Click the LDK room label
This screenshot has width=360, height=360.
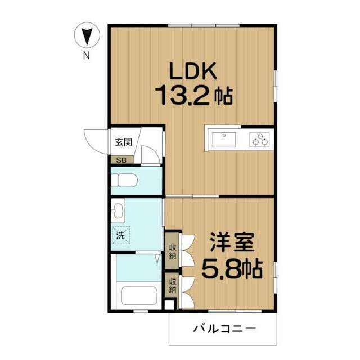(193, 71)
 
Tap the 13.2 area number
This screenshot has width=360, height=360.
(182, 95)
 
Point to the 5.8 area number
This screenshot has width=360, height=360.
(222, 269)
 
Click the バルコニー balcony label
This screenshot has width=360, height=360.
(224, 328)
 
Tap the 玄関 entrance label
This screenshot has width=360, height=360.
(124, 142)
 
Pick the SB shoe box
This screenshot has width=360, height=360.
(122, 160)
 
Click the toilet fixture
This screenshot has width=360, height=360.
(124, 180)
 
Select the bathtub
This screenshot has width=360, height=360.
(139, 296)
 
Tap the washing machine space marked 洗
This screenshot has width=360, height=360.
(121, 235)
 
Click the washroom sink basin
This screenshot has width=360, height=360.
(118, 210)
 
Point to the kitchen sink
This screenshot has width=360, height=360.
(224, 139)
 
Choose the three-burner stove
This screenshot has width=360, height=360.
(260, 139)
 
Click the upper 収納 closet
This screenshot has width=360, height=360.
(172, 251)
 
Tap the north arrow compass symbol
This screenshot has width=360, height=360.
(87, 35)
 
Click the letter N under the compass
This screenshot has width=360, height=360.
(86, 56)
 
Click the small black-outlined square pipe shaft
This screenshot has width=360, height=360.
(170, 305)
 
